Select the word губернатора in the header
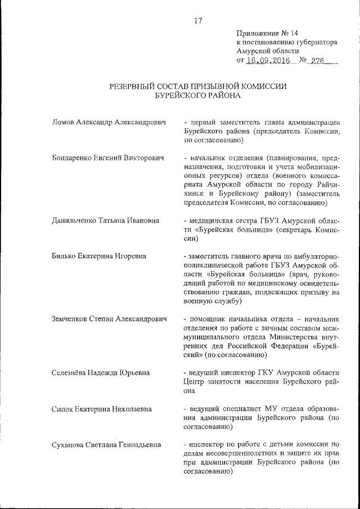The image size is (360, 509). point(312,42)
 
